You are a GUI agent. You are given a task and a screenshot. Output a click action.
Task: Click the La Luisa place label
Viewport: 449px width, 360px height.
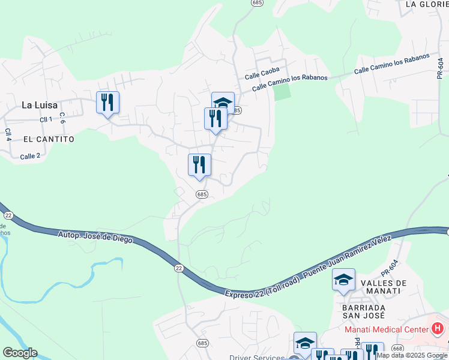tap(40, 104)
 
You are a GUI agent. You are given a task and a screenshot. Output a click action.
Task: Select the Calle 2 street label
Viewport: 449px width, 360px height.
tap(30, 157)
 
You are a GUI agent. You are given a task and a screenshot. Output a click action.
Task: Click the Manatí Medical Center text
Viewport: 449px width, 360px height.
tap(385, 329)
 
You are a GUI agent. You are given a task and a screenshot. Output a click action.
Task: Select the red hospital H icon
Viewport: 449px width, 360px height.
tap(438, 329)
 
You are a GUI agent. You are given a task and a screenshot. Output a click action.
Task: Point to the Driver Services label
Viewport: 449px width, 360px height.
tap(256, 358)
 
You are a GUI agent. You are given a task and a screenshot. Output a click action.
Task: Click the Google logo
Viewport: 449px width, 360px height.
tap(20, 353)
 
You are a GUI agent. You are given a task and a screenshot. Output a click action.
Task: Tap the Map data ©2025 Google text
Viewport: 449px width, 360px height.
tap(412, 356)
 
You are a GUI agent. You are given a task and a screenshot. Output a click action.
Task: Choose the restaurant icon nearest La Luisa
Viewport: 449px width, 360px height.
tap(107, 103)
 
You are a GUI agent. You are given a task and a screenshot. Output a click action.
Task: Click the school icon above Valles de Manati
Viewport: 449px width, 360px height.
tap(343, 280)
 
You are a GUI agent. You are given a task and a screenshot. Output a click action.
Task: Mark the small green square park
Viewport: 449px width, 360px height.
tap(282, 92)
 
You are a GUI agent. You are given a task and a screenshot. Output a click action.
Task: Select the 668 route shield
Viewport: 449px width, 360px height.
tap(396, 348)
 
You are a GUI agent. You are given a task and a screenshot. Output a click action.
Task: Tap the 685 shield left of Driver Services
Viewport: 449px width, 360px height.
tap(201, 341)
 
